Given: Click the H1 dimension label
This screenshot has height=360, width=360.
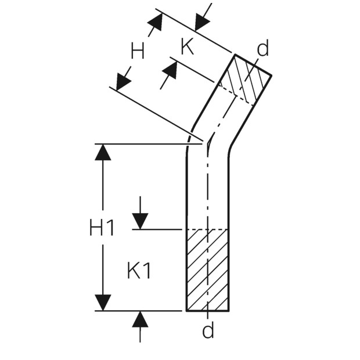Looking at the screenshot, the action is coord(102,227).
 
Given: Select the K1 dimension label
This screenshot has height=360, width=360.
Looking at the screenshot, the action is coord(139,271).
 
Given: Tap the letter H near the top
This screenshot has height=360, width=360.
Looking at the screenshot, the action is coord(138,51).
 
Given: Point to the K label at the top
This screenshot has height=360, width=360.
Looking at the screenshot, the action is coord(188,46).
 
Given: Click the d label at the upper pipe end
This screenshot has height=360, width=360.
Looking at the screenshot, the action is coord(262,48).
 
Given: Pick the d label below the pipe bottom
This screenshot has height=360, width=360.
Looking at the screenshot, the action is coord(208,330).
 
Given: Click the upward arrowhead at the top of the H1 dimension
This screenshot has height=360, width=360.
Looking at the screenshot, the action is coord(103,152).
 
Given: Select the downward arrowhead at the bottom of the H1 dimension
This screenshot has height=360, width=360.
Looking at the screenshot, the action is coord(103,303).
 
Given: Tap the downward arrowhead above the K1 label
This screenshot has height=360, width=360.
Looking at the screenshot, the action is coord(140,221).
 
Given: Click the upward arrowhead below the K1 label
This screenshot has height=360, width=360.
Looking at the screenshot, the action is coord(140,319).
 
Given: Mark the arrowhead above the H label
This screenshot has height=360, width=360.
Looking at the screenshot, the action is coord(156,21).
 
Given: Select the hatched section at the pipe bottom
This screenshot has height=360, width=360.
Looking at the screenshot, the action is coord(208,270).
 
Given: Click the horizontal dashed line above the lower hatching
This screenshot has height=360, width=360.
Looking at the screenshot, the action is coord(208,229).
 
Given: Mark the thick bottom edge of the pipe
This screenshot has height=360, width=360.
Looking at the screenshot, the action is coord(208,311).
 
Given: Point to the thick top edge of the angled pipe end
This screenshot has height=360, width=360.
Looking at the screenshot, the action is coord(253,65).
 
